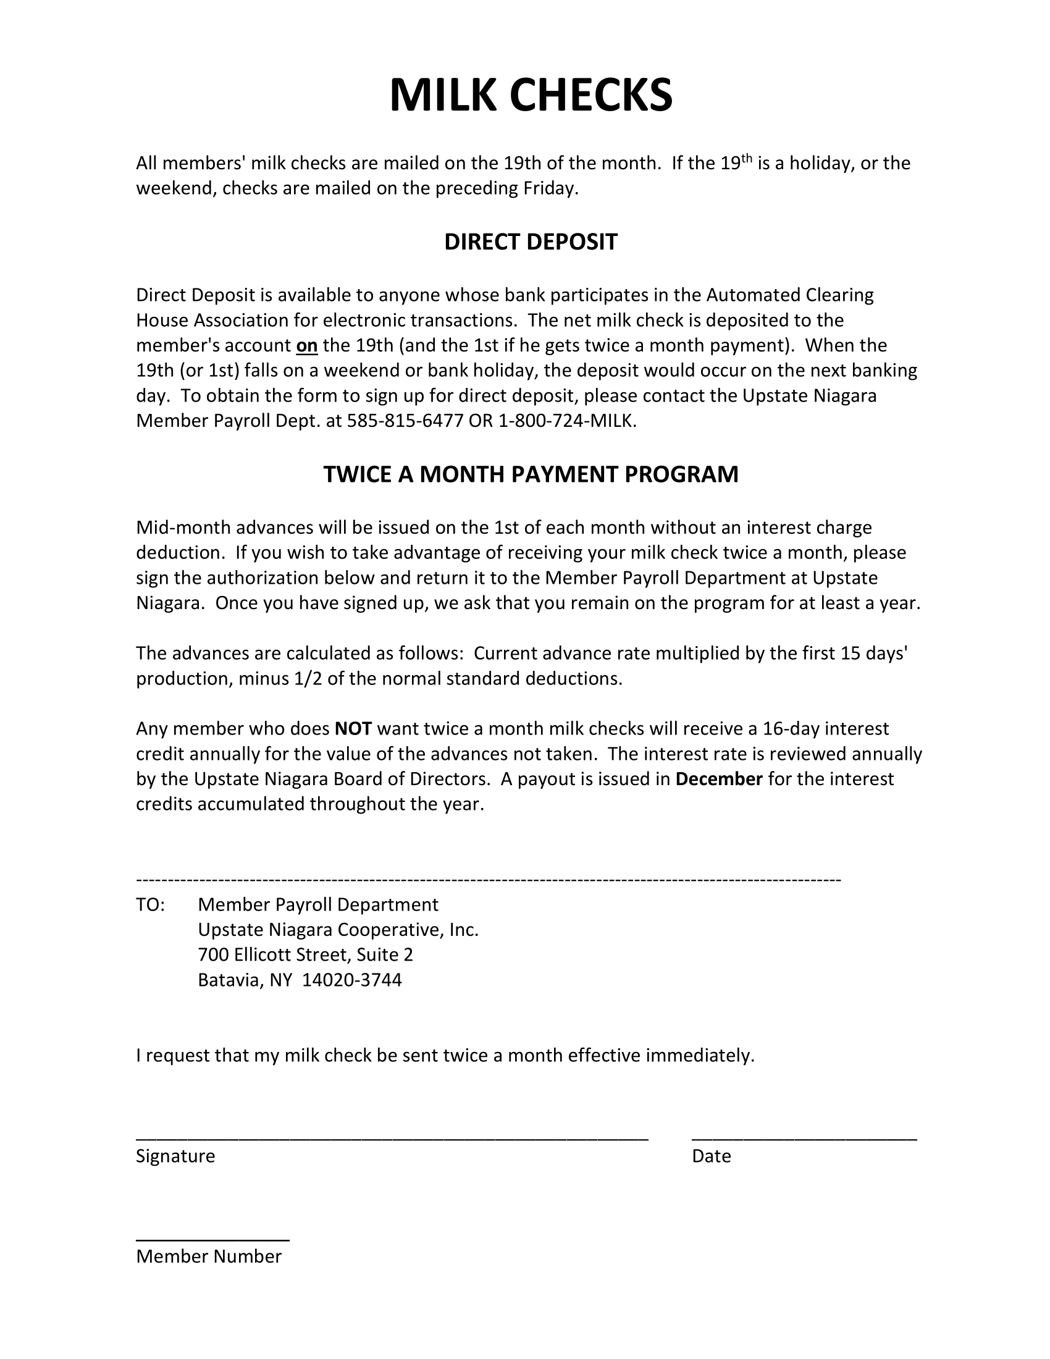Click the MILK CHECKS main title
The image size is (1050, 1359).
click(531, 95)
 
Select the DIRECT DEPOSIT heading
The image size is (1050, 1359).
click(531, 242)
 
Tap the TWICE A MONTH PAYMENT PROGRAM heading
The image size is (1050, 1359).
click(531, 474)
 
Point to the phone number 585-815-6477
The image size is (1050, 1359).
click(405, 421)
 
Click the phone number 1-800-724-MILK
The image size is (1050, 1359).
click(567, 421)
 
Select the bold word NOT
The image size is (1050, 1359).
click(353, 729)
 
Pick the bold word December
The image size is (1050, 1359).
click(718, 779)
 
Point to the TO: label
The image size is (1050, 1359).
click(151, 905)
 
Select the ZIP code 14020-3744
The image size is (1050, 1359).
click(352, 980)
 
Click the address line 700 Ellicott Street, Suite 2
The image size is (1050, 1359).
click(305, 955)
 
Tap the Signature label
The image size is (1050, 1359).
click(175, 1156)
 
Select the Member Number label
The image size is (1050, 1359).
click(209, 1256)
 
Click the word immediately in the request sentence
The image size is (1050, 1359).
click(700, 1055)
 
